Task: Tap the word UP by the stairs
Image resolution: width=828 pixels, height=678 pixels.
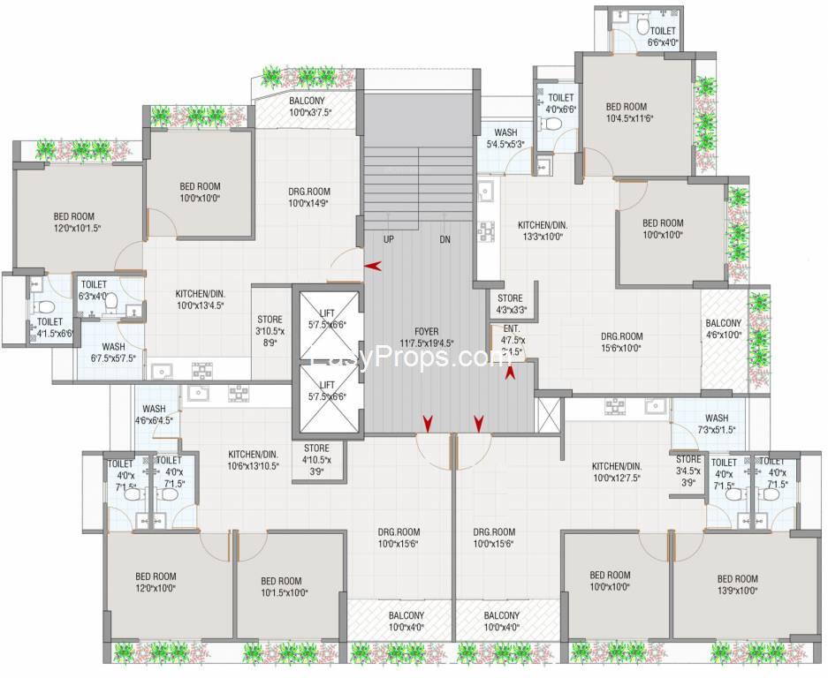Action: coord(389,239)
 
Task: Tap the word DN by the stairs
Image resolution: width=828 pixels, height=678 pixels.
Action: coord(445,239)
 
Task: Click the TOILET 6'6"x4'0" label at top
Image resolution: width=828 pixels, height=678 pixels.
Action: coord(662,36)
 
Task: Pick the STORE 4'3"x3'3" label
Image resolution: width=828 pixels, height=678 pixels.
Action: coord(510,305)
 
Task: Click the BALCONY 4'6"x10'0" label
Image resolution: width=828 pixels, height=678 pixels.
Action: coord(724,329)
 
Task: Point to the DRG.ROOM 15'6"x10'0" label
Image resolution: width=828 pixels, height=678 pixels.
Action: coord(622,342)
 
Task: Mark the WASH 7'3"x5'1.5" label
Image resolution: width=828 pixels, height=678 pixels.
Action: coord(717,424)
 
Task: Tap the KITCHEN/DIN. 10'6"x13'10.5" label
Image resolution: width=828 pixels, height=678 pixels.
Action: coord(240,460)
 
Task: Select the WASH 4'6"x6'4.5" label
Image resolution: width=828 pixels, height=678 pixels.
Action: coord(154,415)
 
